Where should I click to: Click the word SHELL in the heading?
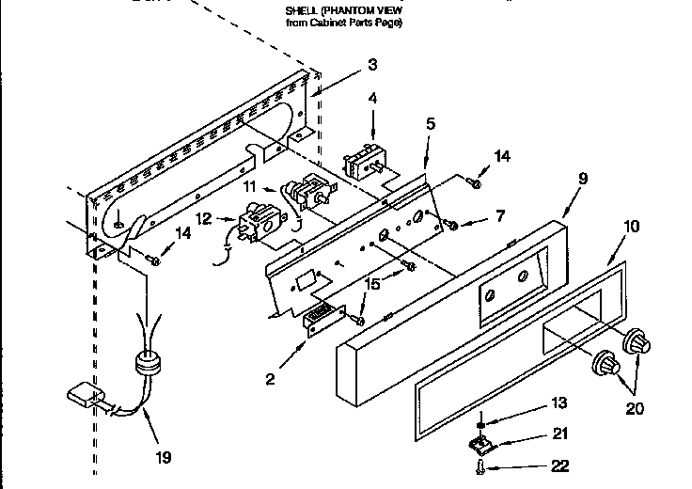click(301, 11)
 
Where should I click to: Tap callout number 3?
click(373, 65)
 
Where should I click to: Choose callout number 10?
click(631, 227)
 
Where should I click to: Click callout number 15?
click(374, 283)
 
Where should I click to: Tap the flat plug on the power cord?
click(83, 393)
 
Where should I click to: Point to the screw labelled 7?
click(452, 224)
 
